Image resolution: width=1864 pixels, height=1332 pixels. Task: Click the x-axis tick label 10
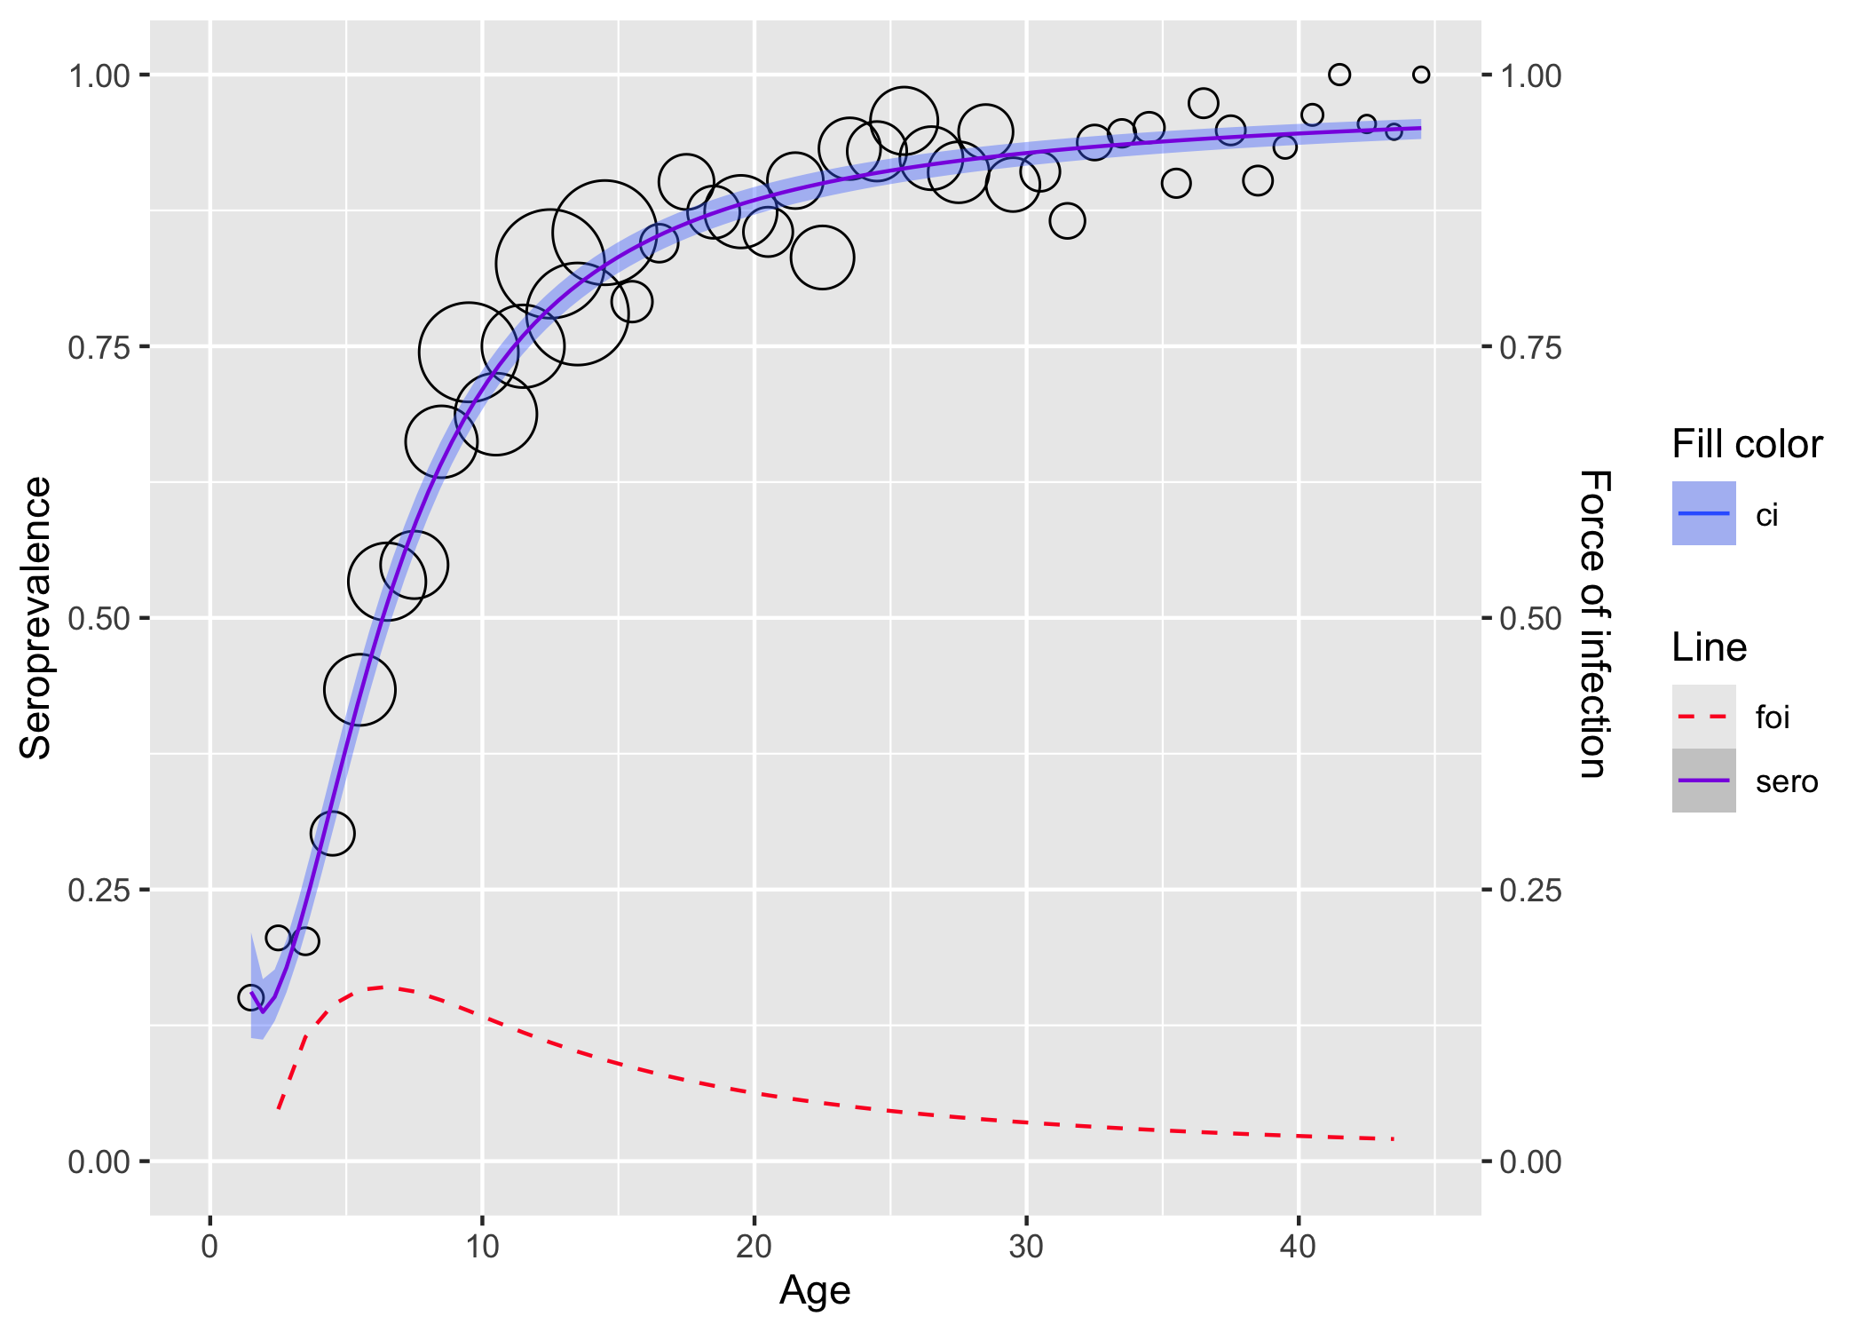click(482, 1247)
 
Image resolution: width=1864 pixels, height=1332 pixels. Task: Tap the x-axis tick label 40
click(1298, 1247)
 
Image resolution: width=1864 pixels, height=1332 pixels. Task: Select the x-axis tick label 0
click(209, 1247)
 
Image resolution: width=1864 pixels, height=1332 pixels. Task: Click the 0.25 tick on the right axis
click(1530, 891)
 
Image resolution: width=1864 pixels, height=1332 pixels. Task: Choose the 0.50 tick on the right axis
click(1530, 619)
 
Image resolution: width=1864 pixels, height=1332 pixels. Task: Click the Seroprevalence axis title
click(36, 618)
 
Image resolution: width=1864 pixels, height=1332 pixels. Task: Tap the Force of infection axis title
click(1595, 624)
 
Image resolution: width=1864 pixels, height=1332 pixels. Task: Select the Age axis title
click(815, 1290)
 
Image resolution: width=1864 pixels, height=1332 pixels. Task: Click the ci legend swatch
click(1703, 513)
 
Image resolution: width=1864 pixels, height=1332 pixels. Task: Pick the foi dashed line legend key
click(1703, 717)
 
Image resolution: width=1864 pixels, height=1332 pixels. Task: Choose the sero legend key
click(1703, 781)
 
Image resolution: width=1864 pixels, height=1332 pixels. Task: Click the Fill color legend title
click(1747, 444)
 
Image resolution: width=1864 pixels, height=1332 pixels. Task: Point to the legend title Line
click(1709, 647)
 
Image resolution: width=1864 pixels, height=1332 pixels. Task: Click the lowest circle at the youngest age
click(251, 997)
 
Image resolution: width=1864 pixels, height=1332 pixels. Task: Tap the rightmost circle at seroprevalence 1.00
click(1421, 75)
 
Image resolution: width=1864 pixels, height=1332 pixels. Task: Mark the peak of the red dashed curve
click(383, 987)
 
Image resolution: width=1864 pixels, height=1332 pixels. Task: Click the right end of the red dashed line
click(1393, 1138)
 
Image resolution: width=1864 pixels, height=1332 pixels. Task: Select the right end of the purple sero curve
click(1420, 128)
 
